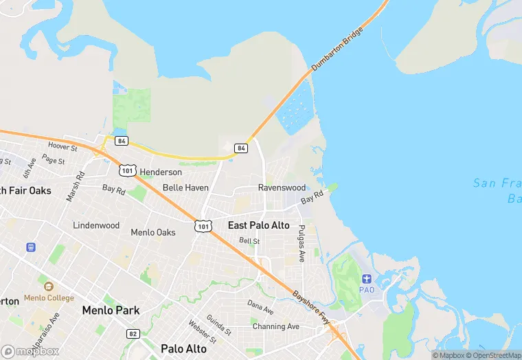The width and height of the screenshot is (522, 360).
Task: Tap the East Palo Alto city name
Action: click(x=259, y=225)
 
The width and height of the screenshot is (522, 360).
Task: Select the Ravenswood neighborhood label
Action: click(x=282, y=188)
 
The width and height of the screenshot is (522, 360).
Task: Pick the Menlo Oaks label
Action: click(x=153, y=232)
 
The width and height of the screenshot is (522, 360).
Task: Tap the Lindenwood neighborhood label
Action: click(x=96, y=225)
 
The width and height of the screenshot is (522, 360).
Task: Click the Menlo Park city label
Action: click(x=111, y=311)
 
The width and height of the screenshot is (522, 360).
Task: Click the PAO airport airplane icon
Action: click(x=367, y=278)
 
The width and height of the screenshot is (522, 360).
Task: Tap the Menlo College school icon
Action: click(x=47, y=286)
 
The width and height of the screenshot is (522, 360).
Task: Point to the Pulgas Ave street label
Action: click(x=302, y=243)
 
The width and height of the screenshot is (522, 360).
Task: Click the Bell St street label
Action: click(x=249, y=241)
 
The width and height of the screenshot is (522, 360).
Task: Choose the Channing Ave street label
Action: click(x=276, y=326)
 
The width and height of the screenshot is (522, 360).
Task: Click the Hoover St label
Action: click(x=63, y=147)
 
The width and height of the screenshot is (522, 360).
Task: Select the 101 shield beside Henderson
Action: click(x=128, y=170)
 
